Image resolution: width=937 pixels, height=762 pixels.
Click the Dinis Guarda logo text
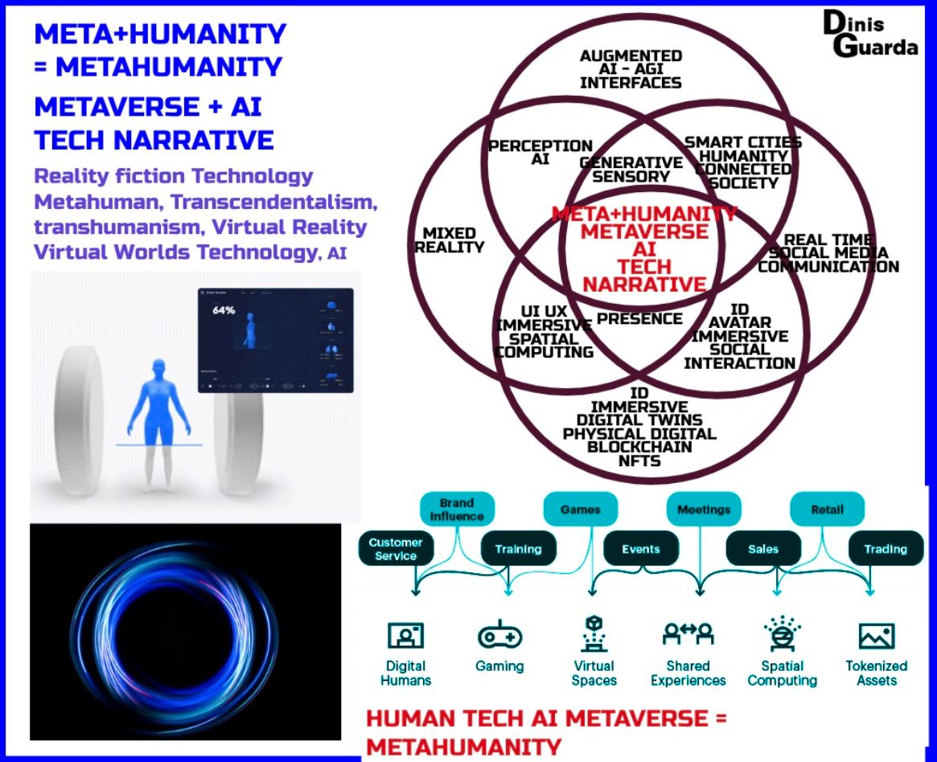coord(869,35)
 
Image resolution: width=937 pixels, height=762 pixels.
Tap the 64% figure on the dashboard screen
coord(224,310)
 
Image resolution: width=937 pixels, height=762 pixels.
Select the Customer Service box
coord(395,549)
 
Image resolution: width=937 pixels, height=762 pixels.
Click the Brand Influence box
coord(456,510)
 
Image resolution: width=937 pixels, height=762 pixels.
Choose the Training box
coord(518,550)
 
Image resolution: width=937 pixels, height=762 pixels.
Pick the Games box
coord(580,510)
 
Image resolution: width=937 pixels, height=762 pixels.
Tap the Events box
coord(641,550)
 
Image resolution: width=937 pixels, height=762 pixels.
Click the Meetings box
coord(703,510)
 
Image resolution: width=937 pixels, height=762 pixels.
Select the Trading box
coord(886,550)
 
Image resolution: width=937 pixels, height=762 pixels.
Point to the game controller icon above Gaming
coord(499,636)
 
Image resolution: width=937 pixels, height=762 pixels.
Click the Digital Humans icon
coord(405,636)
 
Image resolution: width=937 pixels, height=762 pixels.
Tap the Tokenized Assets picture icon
coord(876,636)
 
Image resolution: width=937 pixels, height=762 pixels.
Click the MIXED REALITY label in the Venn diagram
coord(449,240)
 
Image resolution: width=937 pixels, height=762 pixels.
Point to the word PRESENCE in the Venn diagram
coord(639,319)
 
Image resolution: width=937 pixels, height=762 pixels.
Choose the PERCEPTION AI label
coord(540,152)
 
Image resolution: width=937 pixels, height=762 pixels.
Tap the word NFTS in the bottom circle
coord(639,461)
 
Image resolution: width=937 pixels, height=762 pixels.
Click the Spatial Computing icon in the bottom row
coord(782,634)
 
